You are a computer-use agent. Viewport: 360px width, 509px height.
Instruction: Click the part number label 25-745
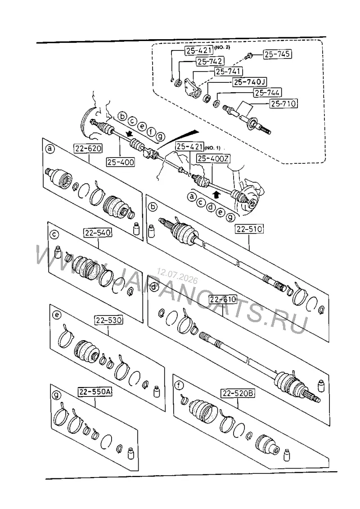tap(277, 54)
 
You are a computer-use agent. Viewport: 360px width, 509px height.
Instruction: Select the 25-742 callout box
tap(210, 61)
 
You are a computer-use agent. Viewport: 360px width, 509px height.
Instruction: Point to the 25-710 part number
tap(283, 104)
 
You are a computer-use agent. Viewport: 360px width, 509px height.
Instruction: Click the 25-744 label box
tap(267, 93)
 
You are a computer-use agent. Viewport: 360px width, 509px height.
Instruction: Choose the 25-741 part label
tap(228, 72)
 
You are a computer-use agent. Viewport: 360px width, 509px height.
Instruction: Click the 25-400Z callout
tap(213, 158)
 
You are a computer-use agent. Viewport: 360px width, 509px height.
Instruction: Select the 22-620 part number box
tap(88, 149)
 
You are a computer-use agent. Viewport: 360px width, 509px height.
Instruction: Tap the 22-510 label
tap(249, 229)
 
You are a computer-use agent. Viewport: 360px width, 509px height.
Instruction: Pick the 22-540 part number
tap(98, 233)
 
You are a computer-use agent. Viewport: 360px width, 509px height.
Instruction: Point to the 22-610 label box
tap(223, 299)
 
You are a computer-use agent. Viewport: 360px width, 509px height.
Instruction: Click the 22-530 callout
tap(108, 320)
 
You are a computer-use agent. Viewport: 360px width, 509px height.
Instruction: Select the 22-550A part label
tap(95, 392)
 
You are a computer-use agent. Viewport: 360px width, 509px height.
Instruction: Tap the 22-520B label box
tap(238, 394)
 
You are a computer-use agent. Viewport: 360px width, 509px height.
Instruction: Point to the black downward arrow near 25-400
tap(130, 134)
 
